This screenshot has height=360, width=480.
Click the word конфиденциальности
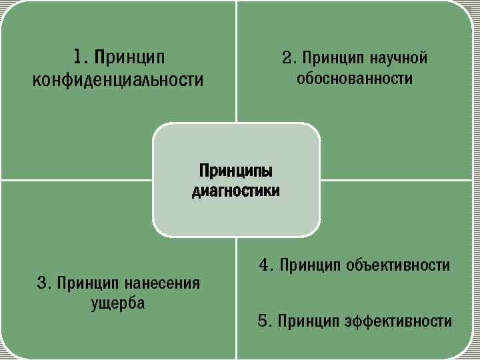tap(118, 81)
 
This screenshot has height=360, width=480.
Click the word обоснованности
tap(355, 79)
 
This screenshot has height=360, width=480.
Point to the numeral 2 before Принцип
tap(287, 58)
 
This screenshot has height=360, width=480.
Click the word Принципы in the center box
tap(236, 170)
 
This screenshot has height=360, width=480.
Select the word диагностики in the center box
tap(236, 191)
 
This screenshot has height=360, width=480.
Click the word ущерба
tap(118, 303)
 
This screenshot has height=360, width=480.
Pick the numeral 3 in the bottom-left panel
tap(42, 283)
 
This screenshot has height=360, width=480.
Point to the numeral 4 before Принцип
tap(265, 265)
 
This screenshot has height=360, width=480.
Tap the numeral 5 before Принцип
tap(263, 321)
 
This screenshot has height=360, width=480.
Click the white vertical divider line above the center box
tap(237, 60)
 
